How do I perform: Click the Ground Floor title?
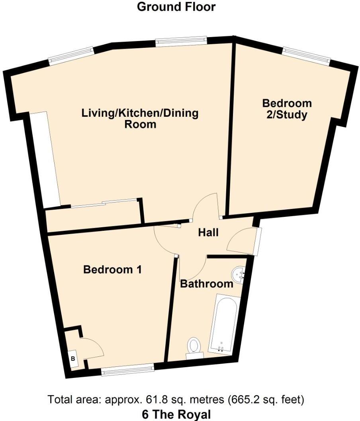(176, 7)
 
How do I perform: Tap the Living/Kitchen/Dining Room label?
(140, 118)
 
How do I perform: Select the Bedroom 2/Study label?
(286, 109)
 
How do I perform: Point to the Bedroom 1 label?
(112, 270)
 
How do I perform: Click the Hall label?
(208, 232)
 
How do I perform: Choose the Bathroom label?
(207, 284)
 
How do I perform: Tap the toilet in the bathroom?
(194, 346)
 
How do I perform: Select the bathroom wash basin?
(239, 275)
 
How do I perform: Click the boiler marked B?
(73, 358)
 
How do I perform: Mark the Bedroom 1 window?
(127, 371)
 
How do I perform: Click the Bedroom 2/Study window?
(307, 55)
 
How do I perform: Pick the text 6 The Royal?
(176, 414)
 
